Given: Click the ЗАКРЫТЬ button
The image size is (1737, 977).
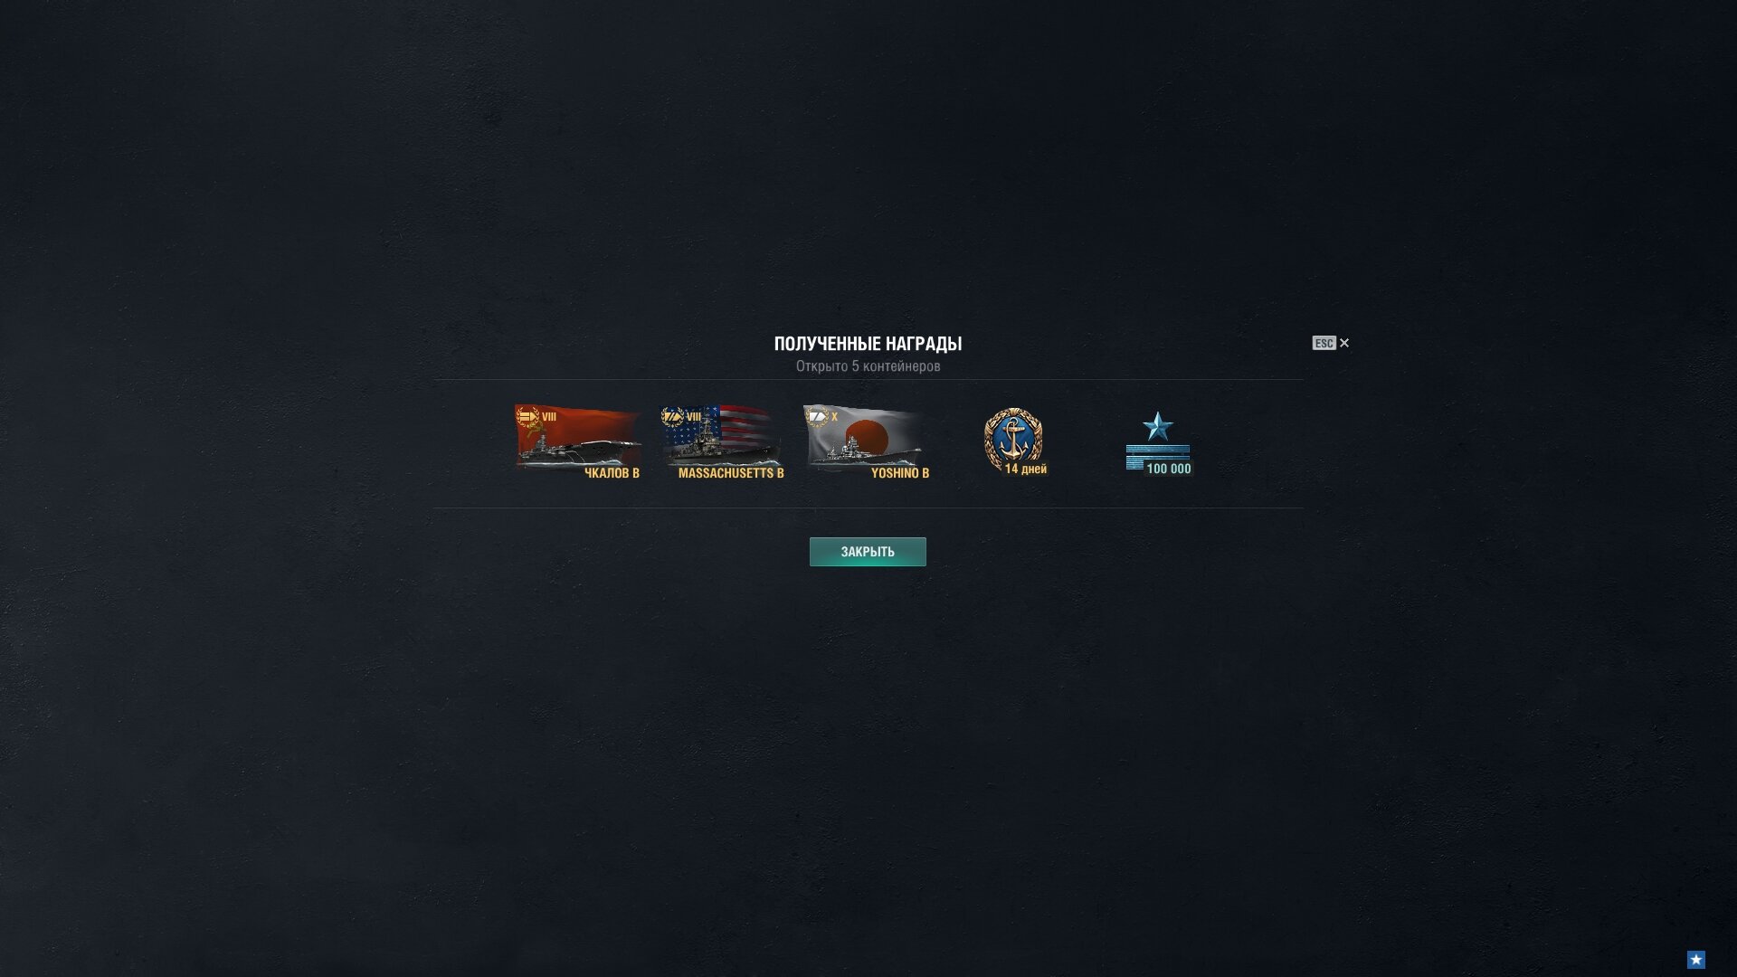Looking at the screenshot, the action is (868, 552).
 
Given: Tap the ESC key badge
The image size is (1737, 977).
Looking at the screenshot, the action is (1324, 343).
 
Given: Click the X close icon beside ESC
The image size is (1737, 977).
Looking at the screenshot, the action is (1344, 343).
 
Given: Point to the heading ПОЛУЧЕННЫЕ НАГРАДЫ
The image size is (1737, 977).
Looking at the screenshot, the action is (868, 344).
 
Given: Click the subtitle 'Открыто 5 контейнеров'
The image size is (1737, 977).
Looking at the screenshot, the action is (868, 366).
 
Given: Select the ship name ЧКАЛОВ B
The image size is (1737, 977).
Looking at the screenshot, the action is (612, 473).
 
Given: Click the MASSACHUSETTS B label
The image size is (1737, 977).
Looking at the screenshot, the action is (731, 473).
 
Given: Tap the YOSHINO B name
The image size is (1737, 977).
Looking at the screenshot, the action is (900, 473).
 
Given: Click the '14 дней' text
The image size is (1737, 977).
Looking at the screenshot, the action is (1026, 469).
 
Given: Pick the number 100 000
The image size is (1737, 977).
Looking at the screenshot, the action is (1169, 469).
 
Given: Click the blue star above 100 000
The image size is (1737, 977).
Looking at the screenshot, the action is (1158, 426).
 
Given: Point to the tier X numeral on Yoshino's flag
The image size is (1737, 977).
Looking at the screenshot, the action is (834, 417).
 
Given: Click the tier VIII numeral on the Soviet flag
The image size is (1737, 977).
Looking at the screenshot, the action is (549, 417).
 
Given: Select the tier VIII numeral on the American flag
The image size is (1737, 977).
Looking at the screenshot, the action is (694, 417).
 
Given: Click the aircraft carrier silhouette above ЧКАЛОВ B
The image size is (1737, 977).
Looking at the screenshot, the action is (578, 451).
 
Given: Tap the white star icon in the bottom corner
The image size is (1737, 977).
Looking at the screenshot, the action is (1696, 959).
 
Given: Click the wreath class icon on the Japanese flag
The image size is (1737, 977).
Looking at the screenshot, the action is (817, 417).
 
